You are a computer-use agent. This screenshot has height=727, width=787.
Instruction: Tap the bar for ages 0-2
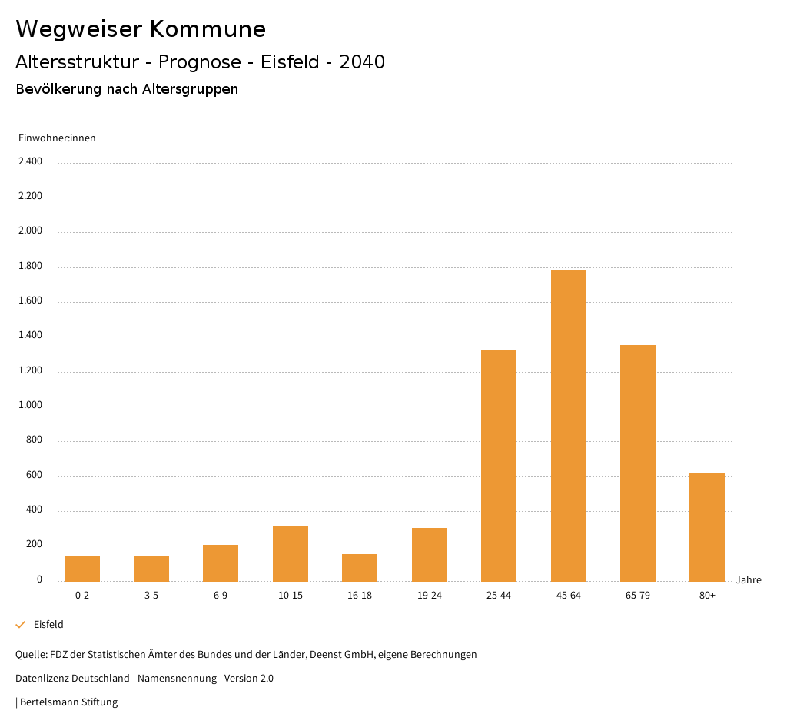pyautogui.click(x=82, y=568)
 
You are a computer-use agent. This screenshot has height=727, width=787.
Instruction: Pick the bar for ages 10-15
pyautogui.click(x=291, y=553)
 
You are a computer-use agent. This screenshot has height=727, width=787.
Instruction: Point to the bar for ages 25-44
pyautogui.click(x=499, y=466)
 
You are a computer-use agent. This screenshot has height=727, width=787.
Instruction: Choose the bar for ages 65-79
pyautogui.click(x=638, y=463)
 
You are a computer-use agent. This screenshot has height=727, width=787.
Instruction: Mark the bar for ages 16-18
pyautogui.click(x=360, y=567)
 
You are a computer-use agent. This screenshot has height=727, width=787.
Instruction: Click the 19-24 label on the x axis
pyautogui.click(x=429, y=596)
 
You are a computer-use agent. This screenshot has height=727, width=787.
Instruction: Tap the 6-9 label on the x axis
pyautogui.click(x=221, y=596)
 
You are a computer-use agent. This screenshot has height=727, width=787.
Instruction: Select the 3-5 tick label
pyautogui.click(x=151, y=596)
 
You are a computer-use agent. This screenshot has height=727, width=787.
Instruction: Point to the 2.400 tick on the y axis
pyautogui.click(x=31, y=161)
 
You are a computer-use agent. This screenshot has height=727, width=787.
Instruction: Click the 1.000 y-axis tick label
pyautogui.click(x=31, y=406)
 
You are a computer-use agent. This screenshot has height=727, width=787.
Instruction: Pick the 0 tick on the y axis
pyautogui.click(x=39, y=579)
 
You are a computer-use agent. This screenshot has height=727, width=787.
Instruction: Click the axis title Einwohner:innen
pyautogui.click(x=57, y=138)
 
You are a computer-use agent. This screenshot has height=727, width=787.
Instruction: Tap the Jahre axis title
pyautogui.click(x=749, y=580)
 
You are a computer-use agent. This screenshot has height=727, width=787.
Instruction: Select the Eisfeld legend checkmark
pyautogui.click(x=21, y=625)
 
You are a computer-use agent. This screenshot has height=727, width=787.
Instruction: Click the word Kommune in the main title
pyautogui.click(x=208, y=29)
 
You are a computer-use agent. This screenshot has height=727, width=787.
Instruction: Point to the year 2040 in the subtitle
pyautogui.click(x=362, y=62)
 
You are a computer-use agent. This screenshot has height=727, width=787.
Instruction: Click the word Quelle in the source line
pyautogui.click(x=30, y=655)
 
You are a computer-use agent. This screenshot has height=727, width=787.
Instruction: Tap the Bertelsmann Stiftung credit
pyautogui.click(x=68, y=702)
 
